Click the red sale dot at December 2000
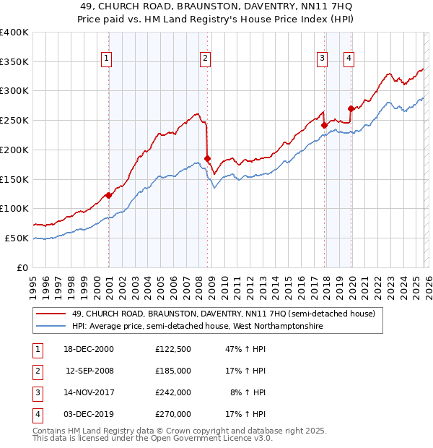click(x=109, y=194)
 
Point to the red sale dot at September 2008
click(x=207, y=158)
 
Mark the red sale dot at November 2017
click(x=324, y=124)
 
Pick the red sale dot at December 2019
click(x=351, y=108)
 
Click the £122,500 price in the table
click(x=172, y=349)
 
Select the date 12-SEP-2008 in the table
click(x=89, y=371)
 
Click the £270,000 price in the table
click(x=172, y=414)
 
